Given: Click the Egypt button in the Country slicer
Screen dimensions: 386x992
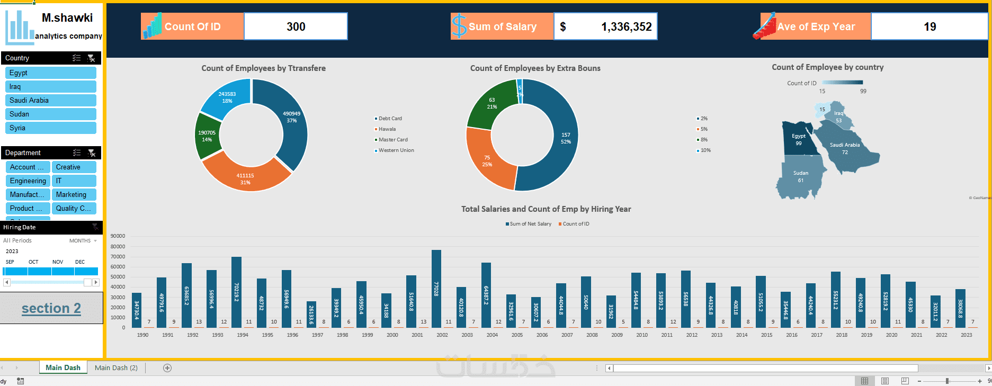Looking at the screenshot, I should pyautogui.click(x=50, y=73).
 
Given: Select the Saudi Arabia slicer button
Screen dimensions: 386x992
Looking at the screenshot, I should pyautogui.click(x=50, y=100).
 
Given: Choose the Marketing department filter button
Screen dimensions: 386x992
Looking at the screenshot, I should pyautogui.click(x=74, y=194).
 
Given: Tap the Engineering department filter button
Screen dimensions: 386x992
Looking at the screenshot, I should pyautogui.click(x=28, y=181).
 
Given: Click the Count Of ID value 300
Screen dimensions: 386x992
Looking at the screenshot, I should pyautogui.click(x=296, y=26).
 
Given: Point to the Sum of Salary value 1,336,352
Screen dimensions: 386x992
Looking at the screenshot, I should pyautogui.click(x=626, y=26).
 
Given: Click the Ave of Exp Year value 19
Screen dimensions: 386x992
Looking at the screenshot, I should pyautogui.click(x=930, y=26).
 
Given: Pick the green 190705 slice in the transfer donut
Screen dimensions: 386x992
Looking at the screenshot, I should pyautogui.click(x=207, y=136).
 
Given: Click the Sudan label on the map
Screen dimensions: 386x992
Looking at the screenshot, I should pyautogui.click(x=801, y=174).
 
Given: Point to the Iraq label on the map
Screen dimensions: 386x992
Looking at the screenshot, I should pyautogui.click(x=838, y=113).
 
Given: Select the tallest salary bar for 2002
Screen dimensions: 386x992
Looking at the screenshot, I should pyautogui.click(x=436, y=289).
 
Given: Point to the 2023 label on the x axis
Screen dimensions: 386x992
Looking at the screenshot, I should pyautogui.click(x=966, y=335).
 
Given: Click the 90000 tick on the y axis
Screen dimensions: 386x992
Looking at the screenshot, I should pyautogui.click(x=118, y=236).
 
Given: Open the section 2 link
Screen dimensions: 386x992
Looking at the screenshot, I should pyautogui.click(x=51, y=308).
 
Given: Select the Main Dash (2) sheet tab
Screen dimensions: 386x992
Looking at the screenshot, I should pyautogui.click(x=116, y=367).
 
